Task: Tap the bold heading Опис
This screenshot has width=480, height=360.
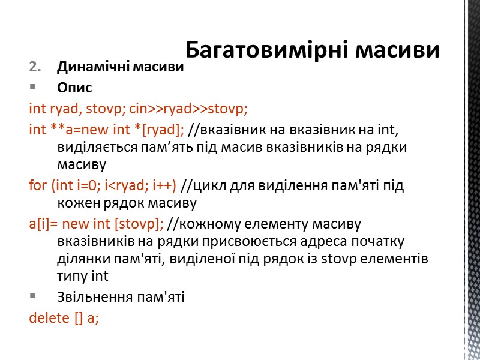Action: pyautogui.click(x=74, y=88)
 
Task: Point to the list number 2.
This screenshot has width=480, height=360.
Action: pyautogui.click(x=34, y=67)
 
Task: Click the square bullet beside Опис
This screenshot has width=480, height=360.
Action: pyautogui.click(x=32, y=88)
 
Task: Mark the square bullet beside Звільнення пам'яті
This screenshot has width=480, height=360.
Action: pyautogui.click(x=32, y=296)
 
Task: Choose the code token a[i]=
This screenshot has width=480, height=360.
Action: pyautogui.click(x=43, y=225)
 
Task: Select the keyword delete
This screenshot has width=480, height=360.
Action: pyautogui.click(x=49, y=317)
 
